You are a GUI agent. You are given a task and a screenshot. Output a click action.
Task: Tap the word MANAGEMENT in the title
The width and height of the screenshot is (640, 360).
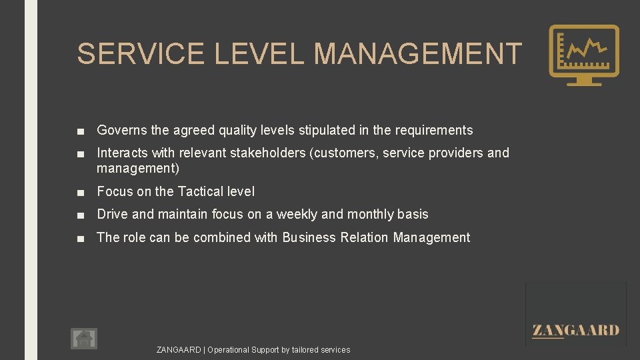coord(417,54)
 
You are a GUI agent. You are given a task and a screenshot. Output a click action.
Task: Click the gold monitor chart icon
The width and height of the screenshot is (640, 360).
coord(583,55)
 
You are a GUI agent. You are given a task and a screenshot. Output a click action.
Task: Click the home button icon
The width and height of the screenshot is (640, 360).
coord(84,339)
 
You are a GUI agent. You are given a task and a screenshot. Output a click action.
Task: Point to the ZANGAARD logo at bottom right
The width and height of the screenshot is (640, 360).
coord(576,330)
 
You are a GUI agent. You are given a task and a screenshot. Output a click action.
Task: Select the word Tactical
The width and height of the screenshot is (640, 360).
coord(201,192)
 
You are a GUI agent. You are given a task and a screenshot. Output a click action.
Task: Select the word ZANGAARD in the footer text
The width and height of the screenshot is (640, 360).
coord(179,350)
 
